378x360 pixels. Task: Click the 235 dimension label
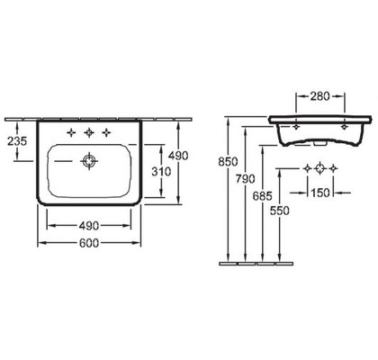click(x=17, y=140)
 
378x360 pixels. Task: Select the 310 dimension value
click(x=161, y=172)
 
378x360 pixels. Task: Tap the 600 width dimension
click(x=89, y=243)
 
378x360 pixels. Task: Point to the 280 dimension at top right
click(x=319, y=96)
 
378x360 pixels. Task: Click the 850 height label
click(x=228, y=162)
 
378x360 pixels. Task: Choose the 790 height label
click(x=245, y=179)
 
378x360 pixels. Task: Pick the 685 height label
click(x=263, y=196)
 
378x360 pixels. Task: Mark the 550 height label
click(x=280, y=211)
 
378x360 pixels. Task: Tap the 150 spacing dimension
click(x=319, y=193)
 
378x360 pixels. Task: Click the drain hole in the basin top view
click(x=89, y=161)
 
